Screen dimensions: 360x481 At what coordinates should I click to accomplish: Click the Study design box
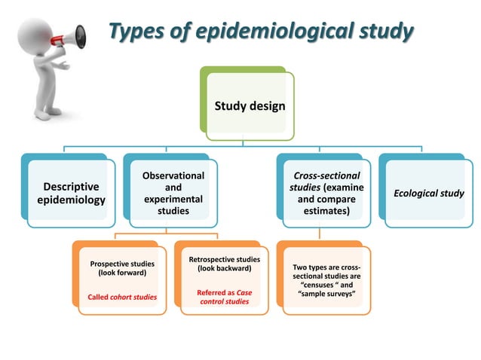tap(250, 105)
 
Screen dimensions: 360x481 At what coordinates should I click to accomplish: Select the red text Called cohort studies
tap(122, 297)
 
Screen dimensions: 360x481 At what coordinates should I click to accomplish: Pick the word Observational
tap(173, 175)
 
